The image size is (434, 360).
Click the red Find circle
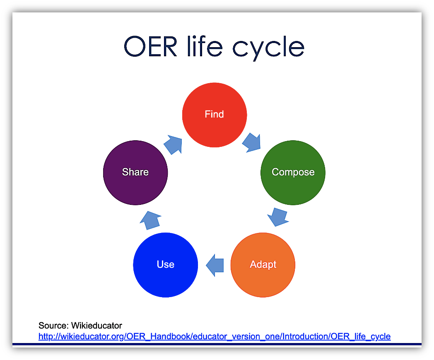[215, 124]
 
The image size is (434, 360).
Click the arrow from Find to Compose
[251, 142]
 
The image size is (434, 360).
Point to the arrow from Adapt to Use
[215, 265]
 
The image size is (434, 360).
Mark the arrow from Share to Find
[174, 144]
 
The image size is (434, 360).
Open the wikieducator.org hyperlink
[215, 336]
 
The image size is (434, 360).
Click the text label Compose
[293, 172]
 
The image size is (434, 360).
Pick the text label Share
[135, 172]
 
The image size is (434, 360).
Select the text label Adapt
[263, 264]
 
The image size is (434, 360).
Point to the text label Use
[165, 264]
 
